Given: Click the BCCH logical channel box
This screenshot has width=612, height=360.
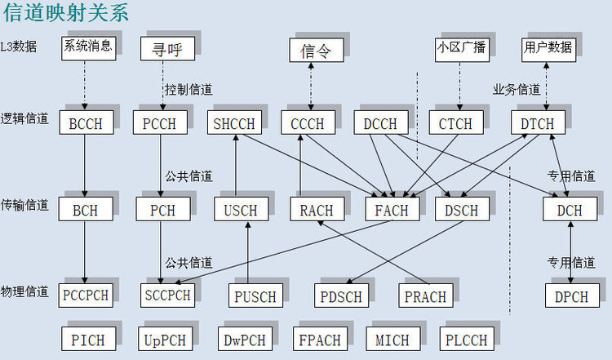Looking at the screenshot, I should tap(85, 124).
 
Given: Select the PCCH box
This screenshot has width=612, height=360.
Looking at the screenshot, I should tap(160, 124).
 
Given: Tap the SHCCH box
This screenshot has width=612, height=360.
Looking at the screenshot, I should tap(234, 124).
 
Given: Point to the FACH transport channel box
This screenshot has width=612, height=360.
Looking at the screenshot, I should tap(392, 210).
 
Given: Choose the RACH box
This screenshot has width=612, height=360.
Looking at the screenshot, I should tap(317, 210).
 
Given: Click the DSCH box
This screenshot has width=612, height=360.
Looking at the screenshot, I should tap(462, 210).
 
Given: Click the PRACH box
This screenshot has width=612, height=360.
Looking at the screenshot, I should tap(425, 296).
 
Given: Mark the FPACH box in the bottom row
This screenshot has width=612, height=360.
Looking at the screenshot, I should tap(319, 340).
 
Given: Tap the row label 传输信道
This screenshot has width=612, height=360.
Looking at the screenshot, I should tap(25, 205).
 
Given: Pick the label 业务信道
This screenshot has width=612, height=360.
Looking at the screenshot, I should tap(516, 89).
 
